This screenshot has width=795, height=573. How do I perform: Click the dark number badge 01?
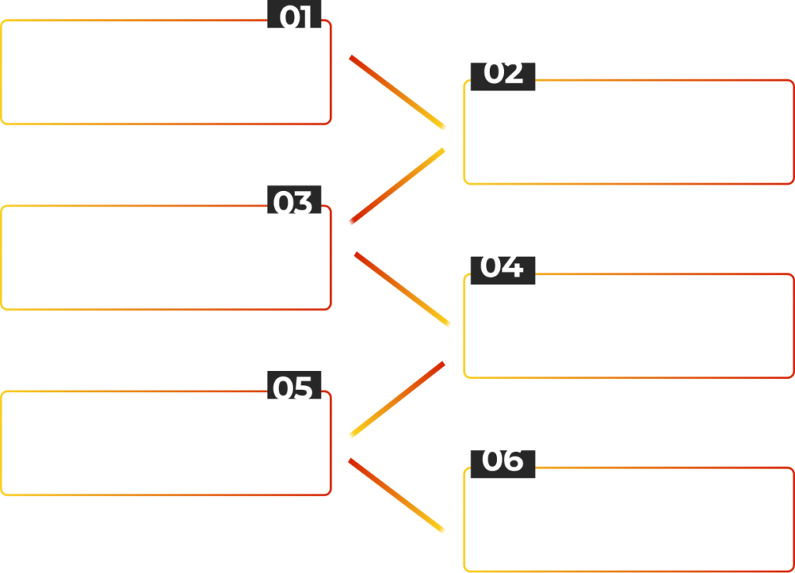tap(294, 14)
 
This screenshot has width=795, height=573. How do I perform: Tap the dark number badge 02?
tap(503, 77)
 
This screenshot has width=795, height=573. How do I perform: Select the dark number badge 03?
tap(294, 200)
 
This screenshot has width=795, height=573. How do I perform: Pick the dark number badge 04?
tap(503, 270)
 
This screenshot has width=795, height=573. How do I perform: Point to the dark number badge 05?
tap(294, 385)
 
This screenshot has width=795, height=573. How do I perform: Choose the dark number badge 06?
tap(503, 464)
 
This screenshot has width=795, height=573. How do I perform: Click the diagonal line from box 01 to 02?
tap(397, 92)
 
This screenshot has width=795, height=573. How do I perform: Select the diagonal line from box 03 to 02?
tap(397, 186)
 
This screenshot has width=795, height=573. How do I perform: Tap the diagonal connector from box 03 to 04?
tap(403, 289)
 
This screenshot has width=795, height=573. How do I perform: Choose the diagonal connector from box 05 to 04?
tap(397, 399)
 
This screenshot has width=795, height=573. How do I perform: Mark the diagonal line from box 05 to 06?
tap(397, 495)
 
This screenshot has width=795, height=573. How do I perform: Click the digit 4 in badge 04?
tap(512, 267)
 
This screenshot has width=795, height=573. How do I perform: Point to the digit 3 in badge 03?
tap(303, 203)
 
